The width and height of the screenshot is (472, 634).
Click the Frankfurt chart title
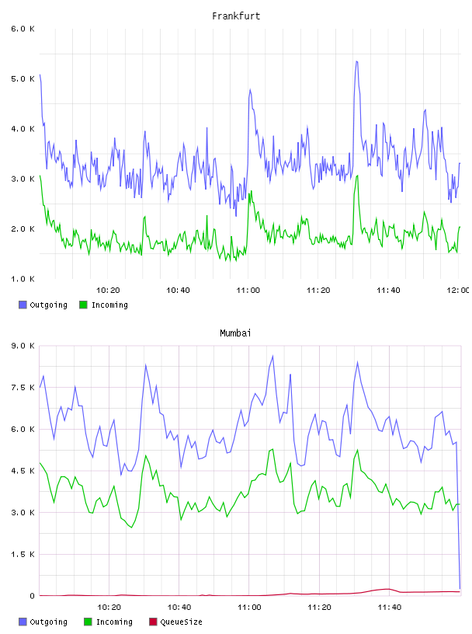coord(236,16)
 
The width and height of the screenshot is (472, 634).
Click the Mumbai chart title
coord(235,333)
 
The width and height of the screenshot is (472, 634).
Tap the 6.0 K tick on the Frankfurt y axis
coord(23,29)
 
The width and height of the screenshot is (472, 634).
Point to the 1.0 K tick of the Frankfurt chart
coord(23,279)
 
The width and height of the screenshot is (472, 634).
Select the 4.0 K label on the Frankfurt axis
coord(23,129)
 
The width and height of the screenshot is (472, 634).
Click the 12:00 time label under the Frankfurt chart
coord(458,291)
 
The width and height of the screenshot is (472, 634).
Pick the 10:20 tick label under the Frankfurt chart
coord(108,291)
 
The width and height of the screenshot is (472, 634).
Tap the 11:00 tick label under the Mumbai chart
coord(249,608)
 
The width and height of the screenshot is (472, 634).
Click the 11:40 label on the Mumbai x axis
coord(390,608)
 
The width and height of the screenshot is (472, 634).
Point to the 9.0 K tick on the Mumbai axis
coord(23,346)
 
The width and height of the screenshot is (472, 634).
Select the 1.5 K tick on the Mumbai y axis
coord(23,554)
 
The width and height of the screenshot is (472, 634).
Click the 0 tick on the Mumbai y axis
coord(32,596)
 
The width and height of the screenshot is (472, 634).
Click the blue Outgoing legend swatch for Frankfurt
coord(23,305)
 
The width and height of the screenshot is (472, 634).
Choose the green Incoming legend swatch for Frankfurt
coord(83,305)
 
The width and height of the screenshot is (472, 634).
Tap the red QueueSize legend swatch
coord(153,622)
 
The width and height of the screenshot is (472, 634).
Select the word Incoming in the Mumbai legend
coord(114,622)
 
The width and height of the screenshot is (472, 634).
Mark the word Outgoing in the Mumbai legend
coord(48,622)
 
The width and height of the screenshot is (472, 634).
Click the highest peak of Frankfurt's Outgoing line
coord(356,61)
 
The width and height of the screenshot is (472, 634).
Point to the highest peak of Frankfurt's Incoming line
coord(357,176)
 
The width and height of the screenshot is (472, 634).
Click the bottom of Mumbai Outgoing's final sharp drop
coord(460,588)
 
